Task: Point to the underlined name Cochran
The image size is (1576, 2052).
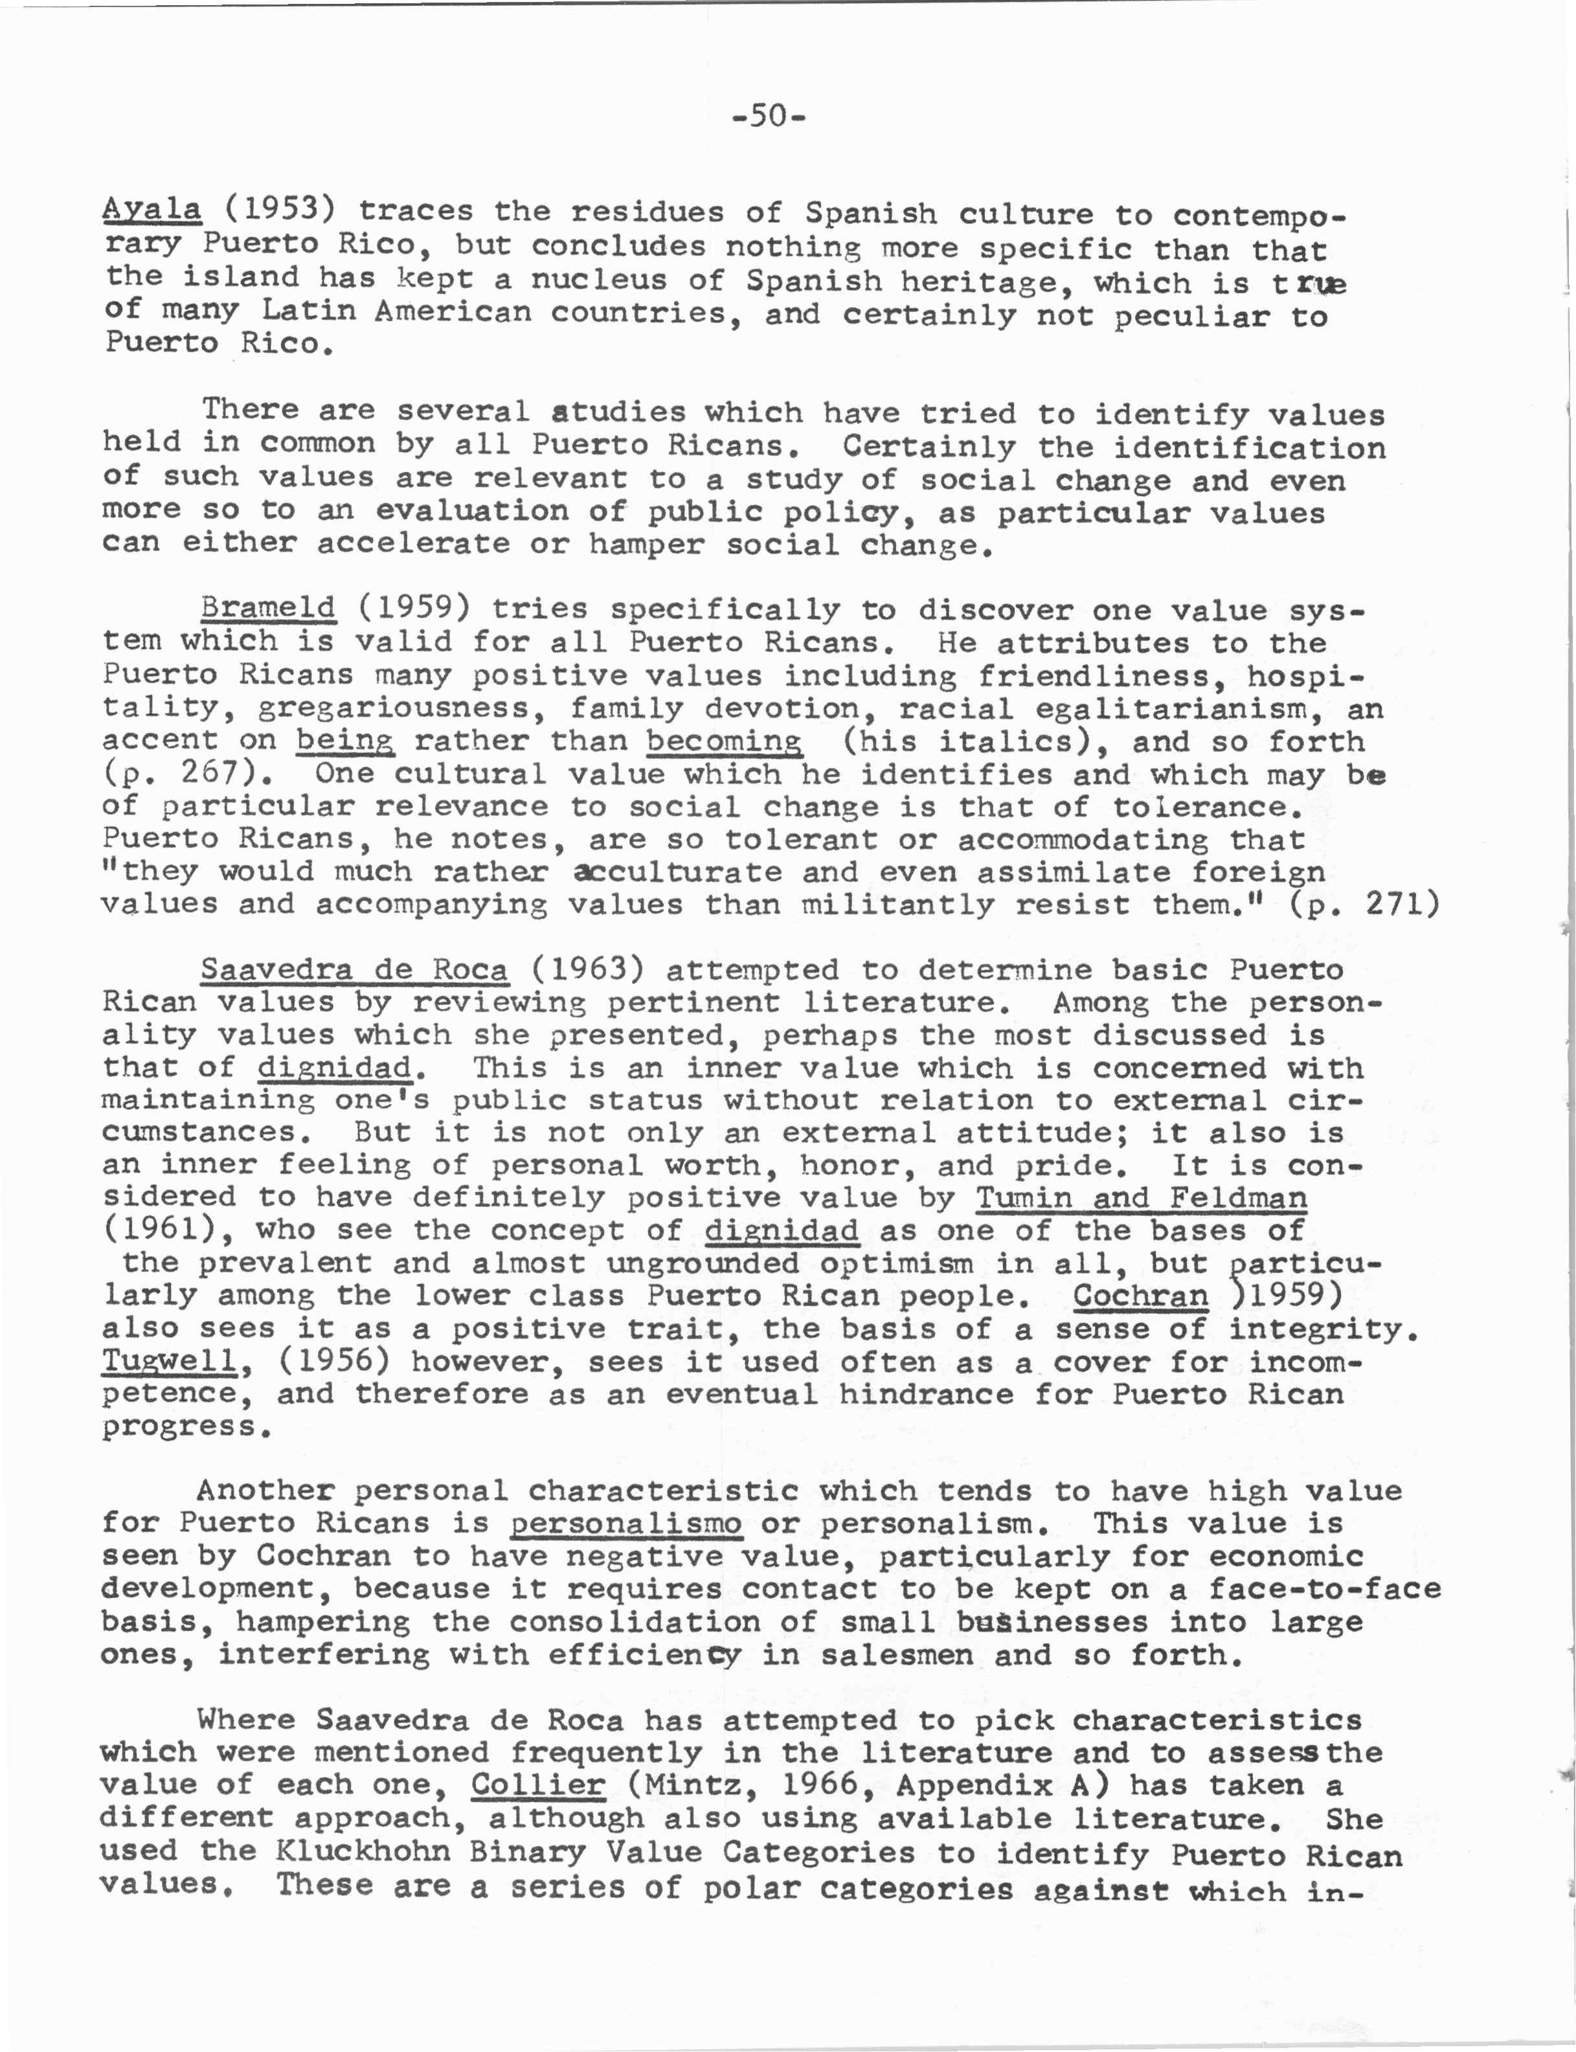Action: tap(1140, 1296)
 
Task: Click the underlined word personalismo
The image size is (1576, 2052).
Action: tap(625, 1522)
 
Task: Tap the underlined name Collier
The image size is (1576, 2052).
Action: tap(537, 1783)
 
